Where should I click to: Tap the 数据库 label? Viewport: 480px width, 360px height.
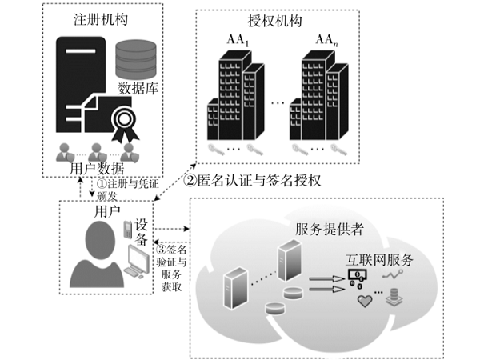[x=138, y=86]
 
